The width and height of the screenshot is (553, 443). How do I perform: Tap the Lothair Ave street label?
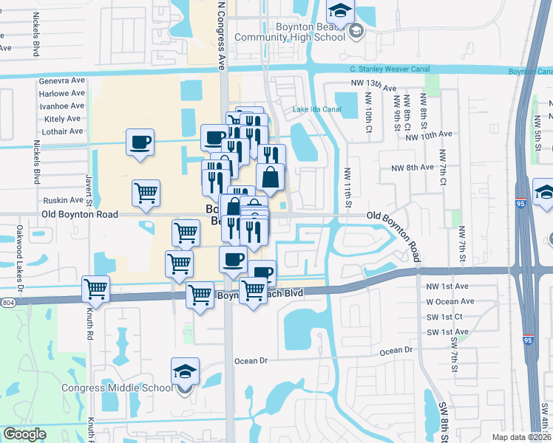point(63,131)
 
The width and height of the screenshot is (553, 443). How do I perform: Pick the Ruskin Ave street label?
point(63,199)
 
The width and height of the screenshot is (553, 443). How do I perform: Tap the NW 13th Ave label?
point(380,86)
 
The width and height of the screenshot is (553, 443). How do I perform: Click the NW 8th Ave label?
point(413,168)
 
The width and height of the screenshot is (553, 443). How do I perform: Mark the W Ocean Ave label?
point(449,301)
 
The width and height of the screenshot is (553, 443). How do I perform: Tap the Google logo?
point(25,434)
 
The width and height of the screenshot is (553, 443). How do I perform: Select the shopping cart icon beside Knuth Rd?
point(96,289)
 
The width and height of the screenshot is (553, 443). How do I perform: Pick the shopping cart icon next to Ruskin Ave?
point(146,193)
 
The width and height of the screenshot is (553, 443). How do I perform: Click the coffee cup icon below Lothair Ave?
point(140,142)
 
